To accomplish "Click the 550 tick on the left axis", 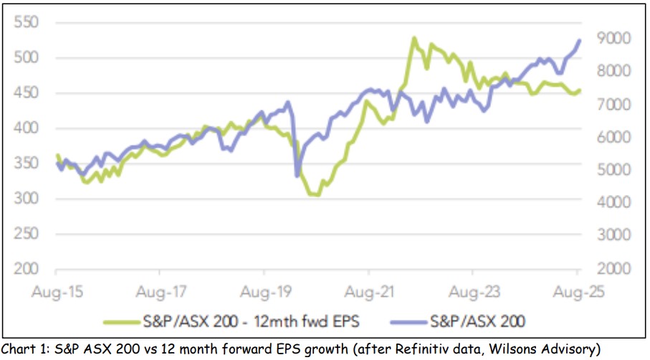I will tap(23, 22).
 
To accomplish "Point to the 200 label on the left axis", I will tap(23, 268).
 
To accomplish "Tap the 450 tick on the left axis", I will tap(23, 93).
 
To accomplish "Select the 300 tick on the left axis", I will tap(23, 198).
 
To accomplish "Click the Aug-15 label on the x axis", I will tap(55, 292).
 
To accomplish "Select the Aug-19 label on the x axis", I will tap(264, 292).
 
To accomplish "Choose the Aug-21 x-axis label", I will tap(368, 292).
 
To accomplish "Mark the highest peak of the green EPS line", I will tap(414, 38).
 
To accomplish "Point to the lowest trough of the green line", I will tap(314, 194).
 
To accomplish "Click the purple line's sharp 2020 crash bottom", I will tap(297, 175).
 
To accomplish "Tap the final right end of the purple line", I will tap(579, 40).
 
